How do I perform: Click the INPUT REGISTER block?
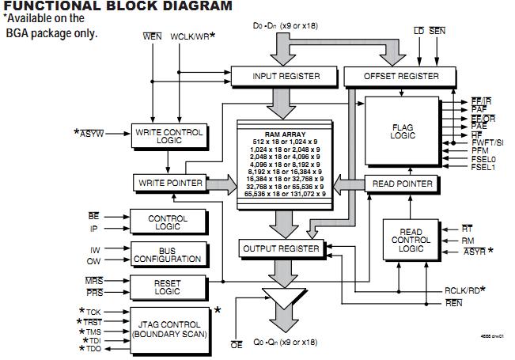coord(286,76)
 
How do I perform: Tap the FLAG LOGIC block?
coord(403,131)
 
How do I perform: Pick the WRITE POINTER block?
coord(169,184)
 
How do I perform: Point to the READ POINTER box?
coord(403,184)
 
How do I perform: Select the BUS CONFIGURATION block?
coord(169,254)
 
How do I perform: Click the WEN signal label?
coord(152,37)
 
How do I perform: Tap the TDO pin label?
coord(93,349)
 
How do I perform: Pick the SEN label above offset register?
coord(437,30)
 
